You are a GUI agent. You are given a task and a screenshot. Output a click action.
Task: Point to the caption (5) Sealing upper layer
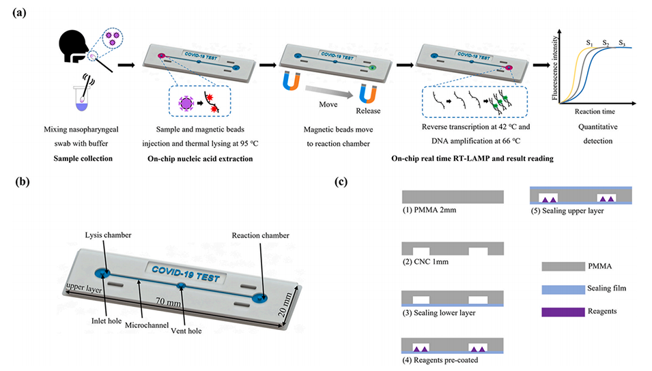pos(572,211)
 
